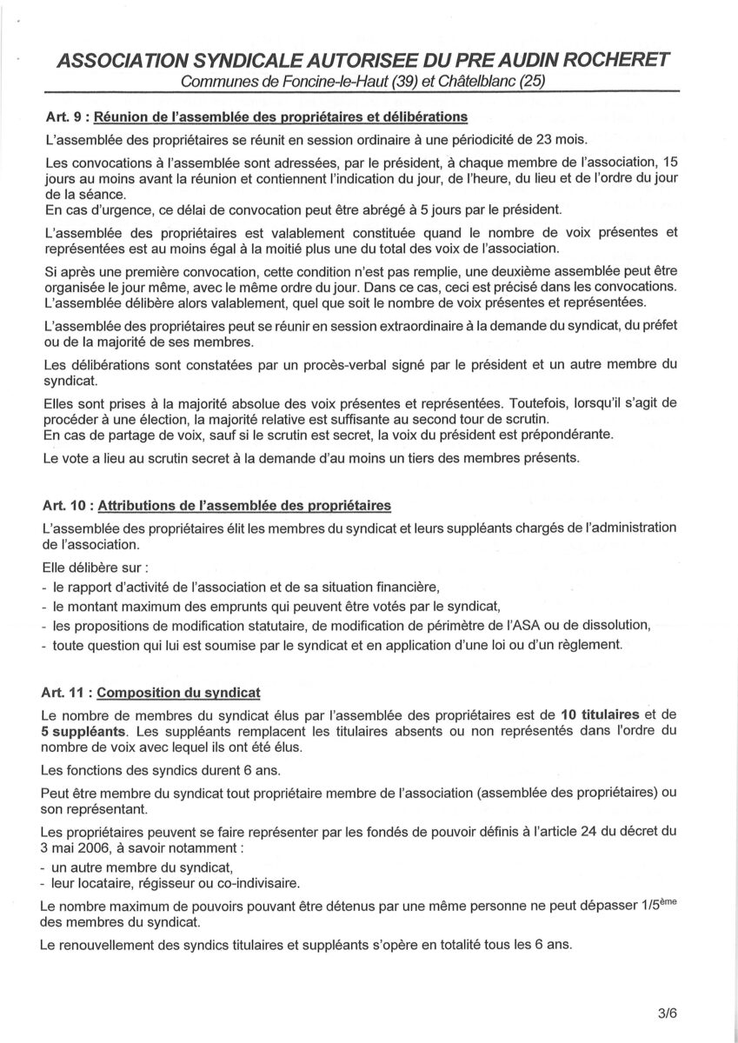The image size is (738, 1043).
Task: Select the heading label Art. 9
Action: [x=59, y=116]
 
